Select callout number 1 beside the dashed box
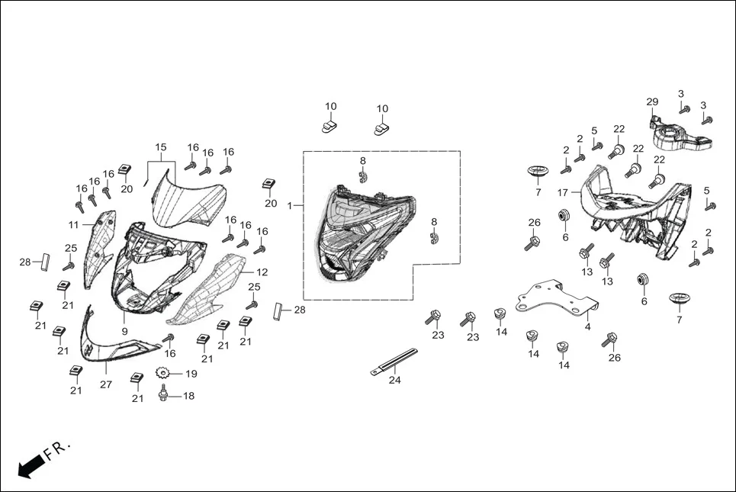(x=290, y=206)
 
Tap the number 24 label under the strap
(x=394, y=379)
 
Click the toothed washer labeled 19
(x=162, y=373)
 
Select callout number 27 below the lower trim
(x=106, y=384)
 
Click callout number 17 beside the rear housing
(x=563, y=192)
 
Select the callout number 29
(x=652, y=102)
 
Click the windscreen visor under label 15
(x=188, y=198)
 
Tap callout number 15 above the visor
(x=160, y=147)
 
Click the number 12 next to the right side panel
(x=262, y=272)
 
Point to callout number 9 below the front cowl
(x=124, y=332)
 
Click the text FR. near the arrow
(x=58, y=448)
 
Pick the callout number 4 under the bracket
(x=587, y=326)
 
